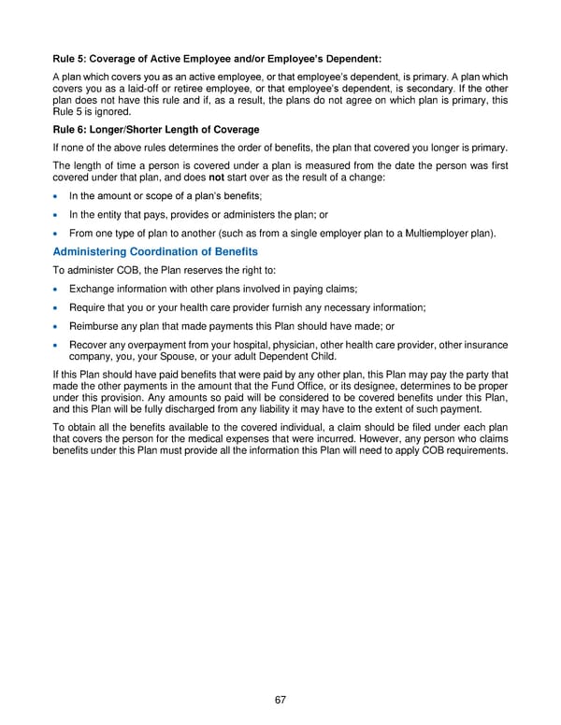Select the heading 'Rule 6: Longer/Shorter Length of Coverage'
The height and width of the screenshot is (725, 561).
coord(156,129)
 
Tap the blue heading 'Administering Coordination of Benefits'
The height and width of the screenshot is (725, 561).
coord(155,251)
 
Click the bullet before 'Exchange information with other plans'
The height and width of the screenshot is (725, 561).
coord(58,289)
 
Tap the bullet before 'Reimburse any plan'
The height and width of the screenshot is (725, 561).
coord(58,326)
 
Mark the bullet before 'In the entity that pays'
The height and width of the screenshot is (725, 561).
coord(58,214)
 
